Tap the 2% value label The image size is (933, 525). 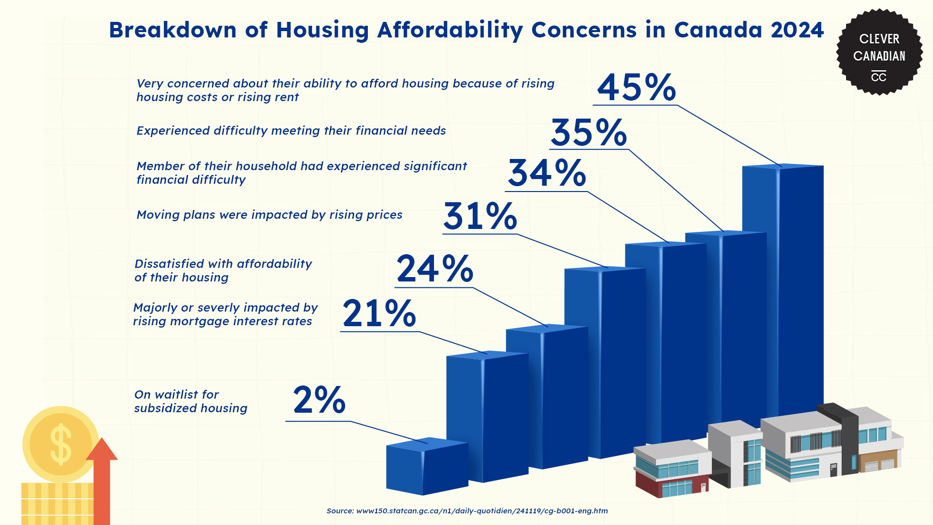[x=319, y=401]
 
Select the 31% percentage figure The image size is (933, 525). [x=480, y=216]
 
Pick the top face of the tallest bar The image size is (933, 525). [x=782, y=166]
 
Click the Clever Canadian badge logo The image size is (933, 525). [x=879, y=52]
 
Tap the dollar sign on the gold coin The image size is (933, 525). [x=61, y=443]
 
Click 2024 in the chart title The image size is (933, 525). [x=797, y=30]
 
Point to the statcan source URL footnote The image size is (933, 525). [x=467, y=511]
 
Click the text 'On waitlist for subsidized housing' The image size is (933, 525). [x=190, y=402]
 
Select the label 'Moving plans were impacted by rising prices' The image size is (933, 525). [x=269, y=215]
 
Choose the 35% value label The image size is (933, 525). [x=588, y=133]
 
